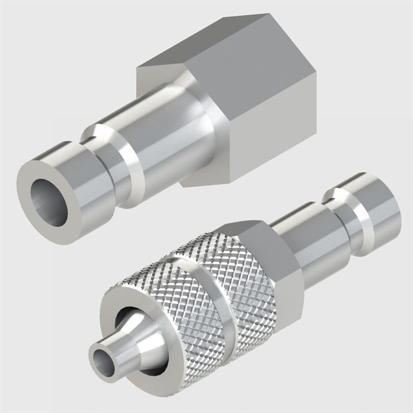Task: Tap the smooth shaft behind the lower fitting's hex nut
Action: (310, 241)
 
